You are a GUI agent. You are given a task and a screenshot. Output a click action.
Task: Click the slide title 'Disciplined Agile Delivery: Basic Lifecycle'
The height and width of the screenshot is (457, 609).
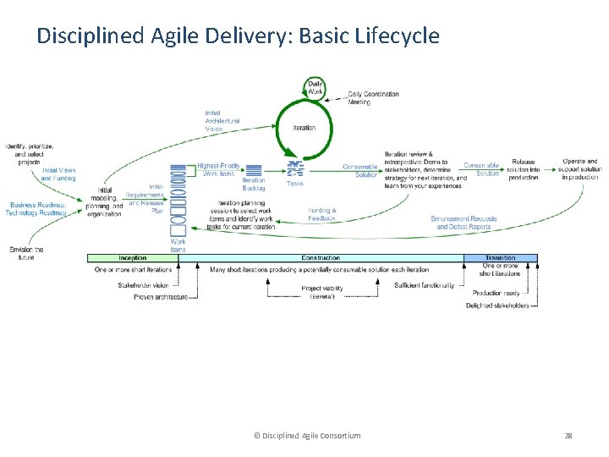tap(238, 36)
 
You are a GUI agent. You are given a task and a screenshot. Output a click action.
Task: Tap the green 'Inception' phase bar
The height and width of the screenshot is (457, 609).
tap(133, 258)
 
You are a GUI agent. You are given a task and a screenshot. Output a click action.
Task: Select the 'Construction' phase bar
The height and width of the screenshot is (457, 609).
tap(321, 258)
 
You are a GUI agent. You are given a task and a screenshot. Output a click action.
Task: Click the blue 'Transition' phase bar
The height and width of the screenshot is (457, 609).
tap(500, 258)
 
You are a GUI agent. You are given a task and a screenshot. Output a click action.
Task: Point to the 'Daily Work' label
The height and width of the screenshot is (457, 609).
tap(315, 86)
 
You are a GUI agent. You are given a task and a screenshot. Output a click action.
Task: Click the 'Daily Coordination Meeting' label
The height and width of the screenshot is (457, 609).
tap(373, 98)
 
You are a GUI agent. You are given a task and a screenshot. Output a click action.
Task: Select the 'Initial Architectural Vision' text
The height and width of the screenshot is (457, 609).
tap(222, 121)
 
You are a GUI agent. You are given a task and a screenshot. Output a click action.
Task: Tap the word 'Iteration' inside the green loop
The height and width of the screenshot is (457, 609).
tap(304, 128)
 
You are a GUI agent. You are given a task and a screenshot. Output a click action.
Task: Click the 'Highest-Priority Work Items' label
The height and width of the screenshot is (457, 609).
tap(218, 170)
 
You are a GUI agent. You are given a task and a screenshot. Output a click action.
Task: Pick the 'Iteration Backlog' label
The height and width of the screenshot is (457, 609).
tap(254, 184)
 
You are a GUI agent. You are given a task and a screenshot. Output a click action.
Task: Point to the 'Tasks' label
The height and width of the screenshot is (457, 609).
tap(294, 184)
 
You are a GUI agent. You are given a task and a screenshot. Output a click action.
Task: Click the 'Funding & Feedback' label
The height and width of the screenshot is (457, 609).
tap(321, 214)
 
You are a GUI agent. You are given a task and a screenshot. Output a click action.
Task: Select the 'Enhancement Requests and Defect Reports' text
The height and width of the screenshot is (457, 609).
tap(464, 223)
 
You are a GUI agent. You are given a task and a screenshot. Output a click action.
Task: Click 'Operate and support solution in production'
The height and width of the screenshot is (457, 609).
tap(580, 169)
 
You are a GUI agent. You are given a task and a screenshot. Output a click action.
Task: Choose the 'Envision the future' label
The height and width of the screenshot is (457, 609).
tap(26, 253)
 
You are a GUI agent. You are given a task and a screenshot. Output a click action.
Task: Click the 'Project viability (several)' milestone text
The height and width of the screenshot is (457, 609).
tap(322, 292)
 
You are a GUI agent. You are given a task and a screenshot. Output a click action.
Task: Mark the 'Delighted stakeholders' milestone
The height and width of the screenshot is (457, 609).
tap(497, 306)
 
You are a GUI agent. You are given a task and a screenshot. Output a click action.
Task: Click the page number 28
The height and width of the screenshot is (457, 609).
tap(568, 435)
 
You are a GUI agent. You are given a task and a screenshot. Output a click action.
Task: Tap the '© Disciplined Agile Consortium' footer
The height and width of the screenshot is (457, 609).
tap(307, 435)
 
